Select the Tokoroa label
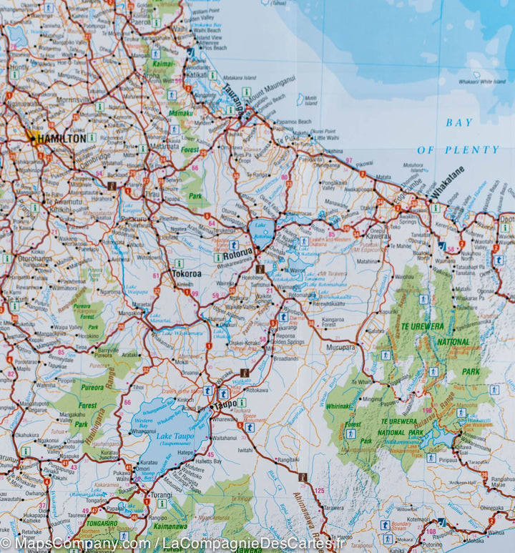click(186, 273)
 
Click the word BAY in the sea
click(459, 122)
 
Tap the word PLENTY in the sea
click(469, 150)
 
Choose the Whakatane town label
click(448, 182)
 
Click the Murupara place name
click(340, 347)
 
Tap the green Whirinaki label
click(338, 406)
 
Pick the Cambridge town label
click(94, 157)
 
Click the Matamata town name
click(165, 145)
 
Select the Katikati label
click(196, 74)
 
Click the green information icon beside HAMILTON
click(92, 137)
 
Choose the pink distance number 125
click(319, 490)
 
